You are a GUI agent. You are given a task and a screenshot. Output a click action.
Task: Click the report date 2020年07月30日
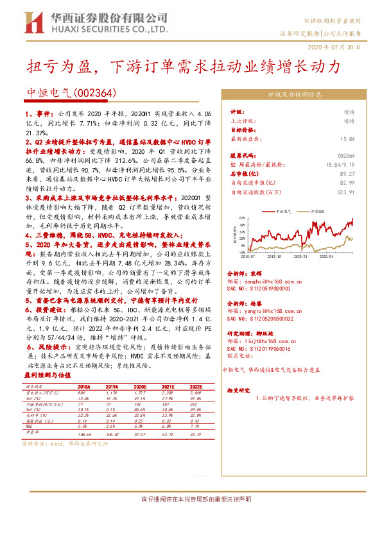click(343, 47)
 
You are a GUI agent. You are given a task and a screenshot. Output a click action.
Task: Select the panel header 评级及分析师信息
click(295, 94)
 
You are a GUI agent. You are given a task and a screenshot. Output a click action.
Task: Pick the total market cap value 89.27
click(347, 173)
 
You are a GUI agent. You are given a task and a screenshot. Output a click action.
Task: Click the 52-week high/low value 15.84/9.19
click(338, 164)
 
